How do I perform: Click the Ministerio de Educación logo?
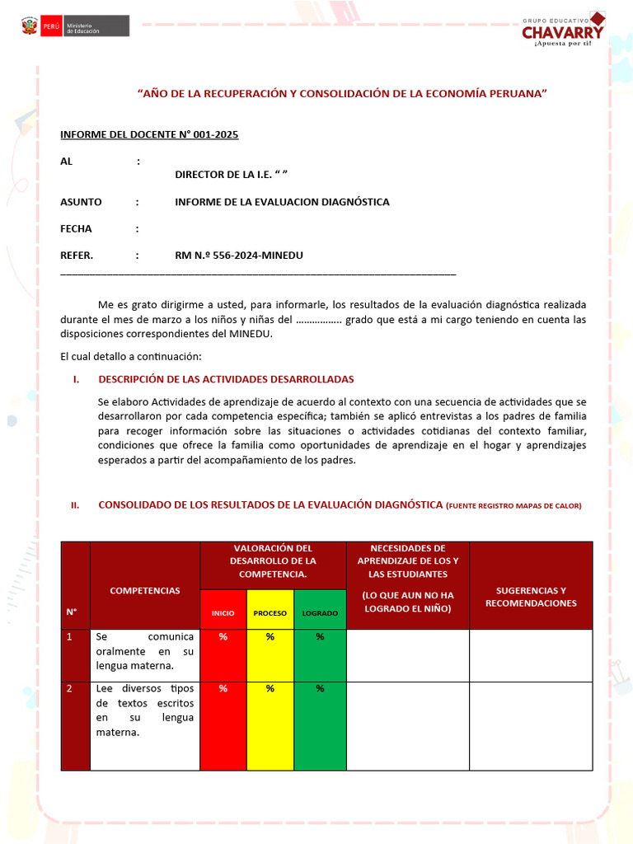point(74,26)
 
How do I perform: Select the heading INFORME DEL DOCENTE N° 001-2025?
point(149,134)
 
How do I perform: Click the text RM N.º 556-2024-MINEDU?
point(239,256)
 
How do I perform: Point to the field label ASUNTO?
point(81,202)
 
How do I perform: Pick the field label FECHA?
point(76,229)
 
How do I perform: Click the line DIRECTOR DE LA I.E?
point(231,175)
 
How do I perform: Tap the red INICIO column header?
point(223,613)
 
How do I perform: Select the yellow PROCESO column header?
point(270,613)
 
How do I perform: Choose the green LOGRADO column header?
point(320,613)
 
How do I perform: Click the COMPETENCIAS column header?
point(144,590)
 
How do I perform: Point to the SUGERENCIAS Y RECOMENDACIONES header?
point(531,597)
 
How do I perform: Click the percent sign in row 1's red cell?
point(223,637)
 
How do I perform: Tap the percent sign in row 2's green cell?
point(320,689)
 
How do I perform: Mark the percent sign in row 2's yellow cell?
point(270,689)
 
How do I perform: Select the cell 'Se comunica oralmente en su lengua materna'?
point(144,651)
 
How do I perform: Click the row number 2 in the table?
point(70,689)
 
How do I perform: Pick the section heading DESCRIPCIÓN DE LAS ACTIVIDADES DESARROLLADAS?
point(226,379)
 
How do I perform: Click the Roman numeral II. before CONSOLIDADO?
point(74,506)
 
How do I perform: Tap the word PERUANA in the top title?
point(515,94)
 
